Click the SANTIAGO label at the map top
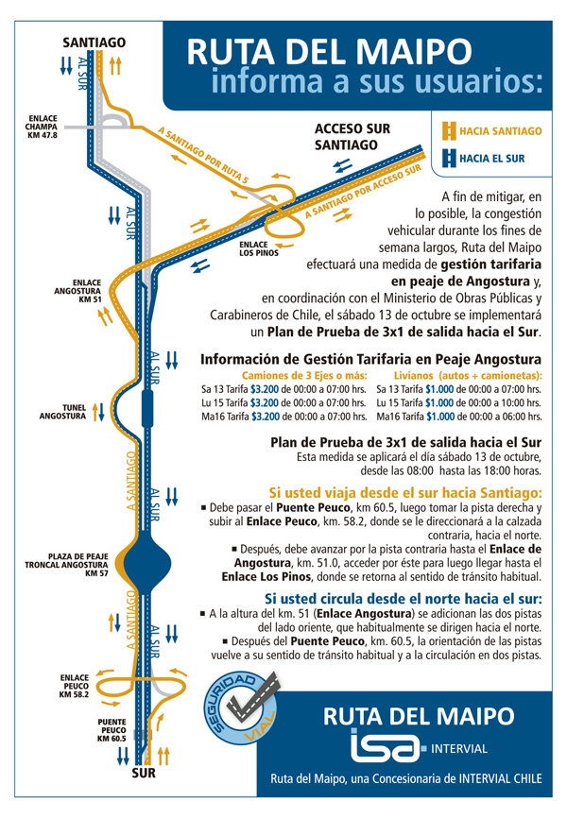tap(94, 43)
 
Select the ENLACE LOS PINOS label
tap(259, 248)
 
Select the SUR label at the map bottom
tap(143, 774)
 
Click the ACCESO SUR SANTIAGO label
tap(352, 136)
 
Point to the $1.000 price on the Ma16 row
tap(441, 415)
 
